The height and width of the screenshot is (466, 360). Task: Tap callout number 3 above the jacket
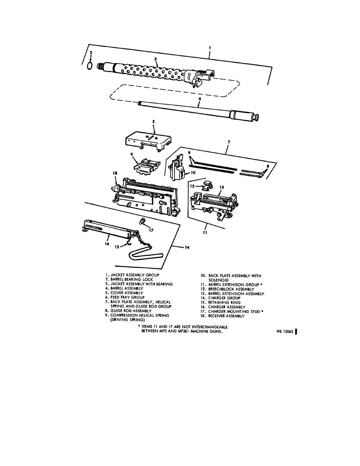(x=156, y=58)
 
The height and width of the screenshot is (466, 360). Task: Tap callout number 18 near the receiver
(x=115, y=172)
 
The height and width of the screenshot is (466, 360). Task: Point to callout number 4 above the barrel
(x=200, y=99)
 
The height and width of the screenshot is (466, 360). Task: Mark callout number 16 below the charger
(x=107, y=244)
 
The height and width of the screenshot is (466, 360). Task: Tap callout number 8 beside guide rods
(x=268, y=166)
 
